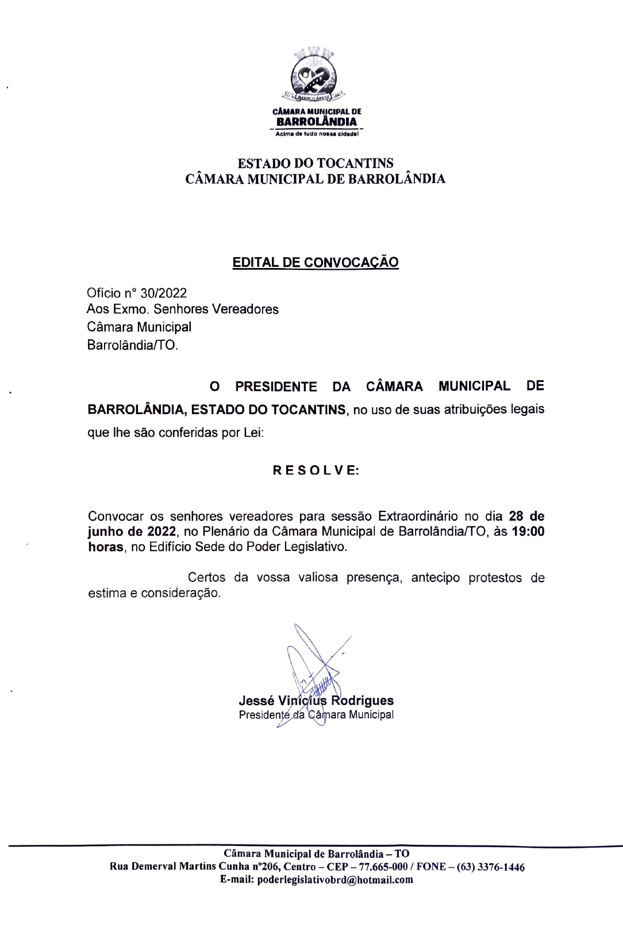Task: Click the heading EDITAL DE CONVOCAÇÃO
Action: [316, 262]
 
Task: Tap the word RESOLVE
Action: [316, 470]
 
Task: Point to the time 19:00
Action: [528, 531]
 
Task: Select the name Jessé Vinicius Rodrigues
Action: [316, 701]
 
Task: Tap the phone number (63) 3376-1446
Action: [490, 867]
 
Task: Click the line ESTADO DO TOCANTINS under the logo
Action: [316, 163]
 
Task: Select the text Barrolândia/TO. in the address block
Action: [133, 346]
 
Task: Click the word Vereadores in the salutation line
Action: [245, 309]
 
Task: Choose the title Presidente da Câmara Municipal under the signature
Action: [316, 715]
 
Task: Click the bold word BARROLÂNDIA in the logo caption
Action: [317, 122]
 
